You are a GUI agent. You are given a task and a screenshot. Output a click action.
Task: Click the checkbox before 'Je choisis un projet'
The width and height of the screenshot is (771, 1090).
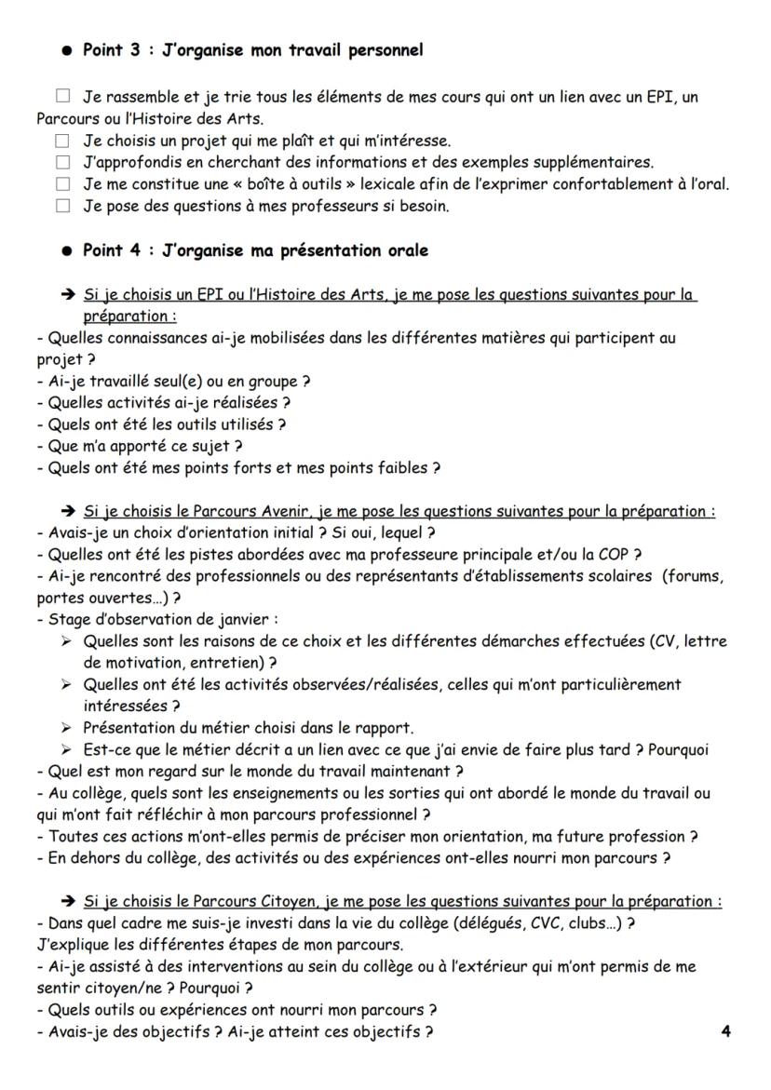click(x=62, y=141)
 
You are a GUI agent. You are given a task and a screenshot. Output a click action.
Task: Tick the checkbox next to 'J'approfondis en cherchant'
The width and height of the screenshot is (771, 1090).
click(x=62, y=163)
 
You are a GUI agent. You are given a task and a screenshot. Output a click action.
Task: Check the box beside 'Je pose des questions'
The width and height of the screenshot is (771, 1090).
click(x=62, y=207)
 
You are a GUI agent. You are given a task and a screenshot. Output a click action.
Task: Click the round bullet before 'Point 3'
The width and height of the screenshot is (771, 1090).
click(x=67, y=50)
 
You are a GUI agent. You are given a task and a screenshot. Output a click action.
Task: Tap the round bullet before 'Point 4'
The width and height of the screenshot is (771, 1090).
click(x=67, y=251)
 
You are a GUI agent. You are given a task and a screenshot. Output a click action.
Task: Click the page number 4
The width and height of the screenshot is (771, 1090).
click(x=725, y=1031)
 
